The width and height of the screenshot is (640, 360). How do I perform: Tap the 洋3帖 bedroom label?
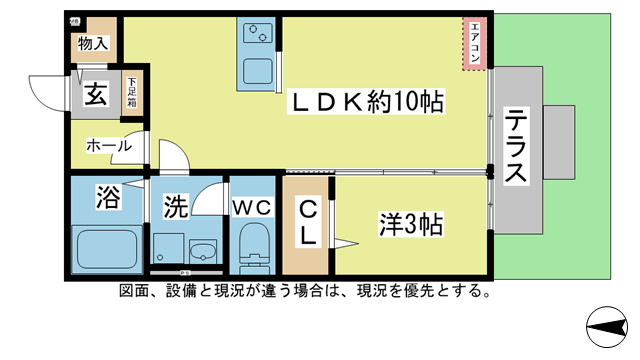[411, 221]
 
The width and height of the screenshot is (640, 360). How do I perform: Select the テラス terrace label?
[517, 146]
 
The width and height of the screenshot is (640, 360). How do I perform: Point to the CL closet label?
[307, 223]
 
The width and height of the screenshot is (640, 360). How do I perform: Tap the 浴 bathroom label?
[106, 195]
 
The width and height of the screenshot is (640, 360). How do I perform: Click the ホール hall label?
[108, 146]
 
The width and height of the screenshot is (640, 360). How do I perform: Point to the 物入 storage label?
[95, 45]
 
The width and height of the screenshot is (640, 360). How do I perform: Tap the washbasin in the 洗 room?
[204, 250]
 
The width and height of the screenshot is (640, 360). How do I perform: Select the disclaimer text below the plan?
[304, 292]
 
